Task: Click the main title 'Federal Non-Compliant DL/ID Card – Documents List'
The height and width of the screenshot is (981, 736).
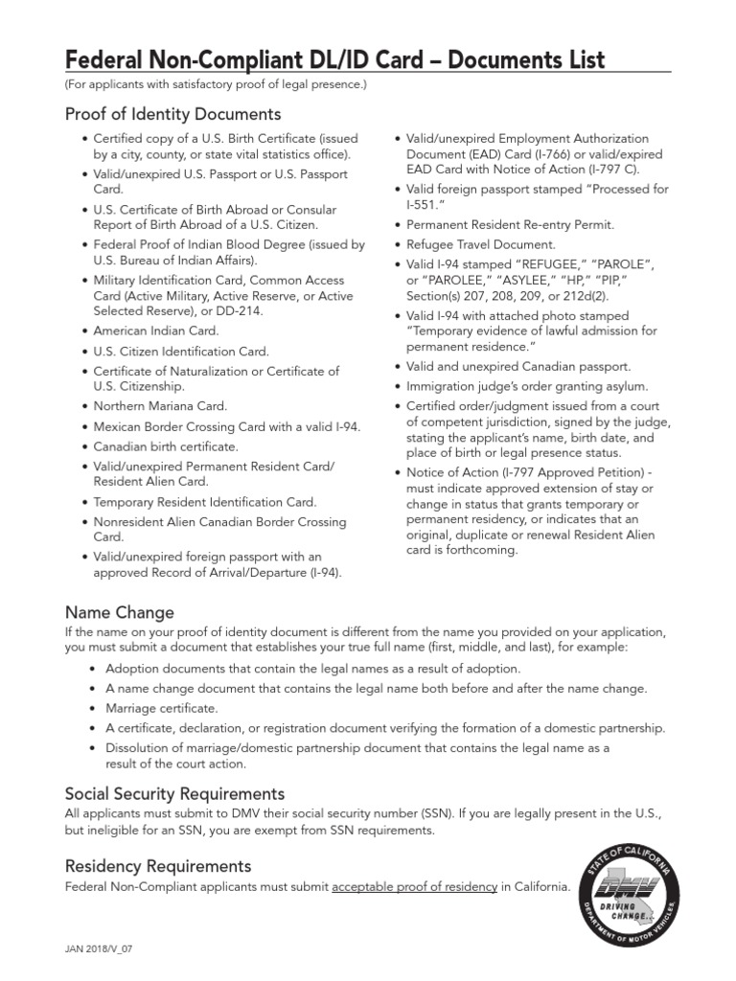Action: tap(334, 59)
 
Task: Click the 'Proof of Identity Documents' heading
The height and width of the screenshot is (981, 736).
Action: tap(172, 115)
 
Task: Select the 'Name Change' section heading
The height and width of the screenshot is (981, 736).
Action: tap(119, 611)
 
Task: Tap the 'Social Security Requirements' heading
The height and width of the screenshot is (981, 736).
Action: tap(174, 793)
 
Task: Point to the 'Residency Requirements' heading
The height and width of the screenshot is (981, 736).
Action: tap(158, 866)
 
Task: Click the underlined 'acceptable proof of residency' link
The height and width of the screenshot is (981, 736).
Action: tap(414, 887)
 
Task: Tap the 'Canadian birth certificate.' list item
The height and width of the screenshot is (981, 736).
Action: tap(166, 446)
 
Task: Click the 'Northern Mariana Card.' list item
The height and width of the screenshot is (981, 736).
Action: tap(160, 406)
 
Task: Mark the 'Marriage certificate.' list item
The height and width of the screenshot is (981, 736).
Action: tap(162, 708)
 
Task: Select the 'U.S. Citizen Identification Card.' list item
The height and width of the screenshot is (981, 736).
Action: tap(181, 352)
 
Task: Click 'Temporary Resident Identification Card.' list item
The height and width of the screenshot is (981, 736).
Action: tap(204, 502)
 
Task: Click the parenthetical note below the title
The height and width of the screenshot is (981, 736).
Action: tap(216, 85)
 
